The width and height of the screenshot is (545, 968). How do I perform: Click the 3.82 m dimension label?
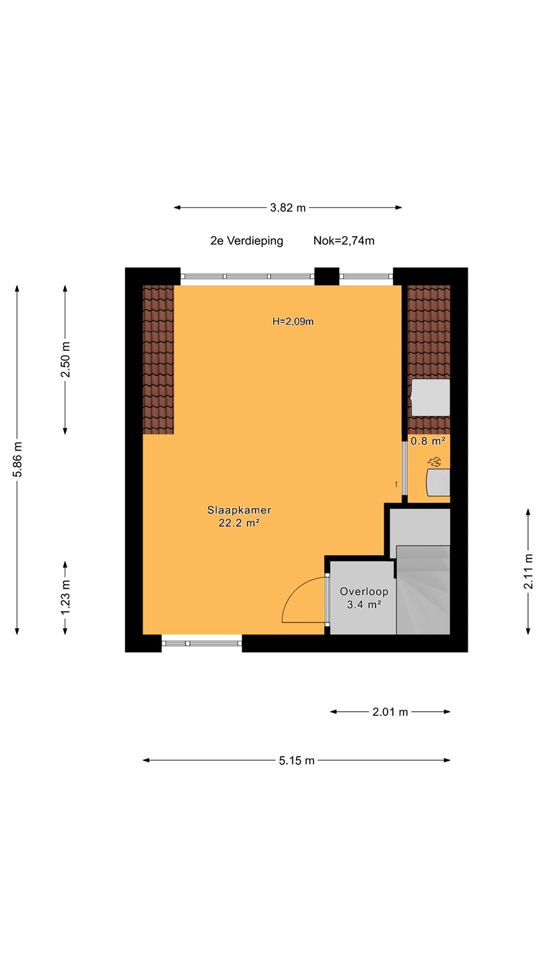tap(288, 208)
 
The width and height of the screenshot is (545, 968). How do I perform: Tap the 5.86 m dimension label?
tap(17, 459)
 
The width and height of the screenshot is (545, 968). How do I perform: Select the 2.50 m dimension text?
tap(65, 360)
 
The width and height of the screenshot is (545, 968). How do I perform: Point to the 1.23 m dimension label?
tap(65, 597)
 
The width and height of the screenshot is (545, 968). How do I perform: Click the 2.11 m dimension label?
tap(528, 571)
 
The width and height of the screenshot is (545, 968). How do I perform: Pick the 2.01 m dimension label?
tap(390, 712)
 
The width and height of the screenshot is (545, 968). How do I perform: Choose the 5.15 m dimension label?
tap(296, 760)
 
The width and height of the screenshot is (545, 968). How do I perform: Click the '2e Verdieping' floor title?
tap(246, 241)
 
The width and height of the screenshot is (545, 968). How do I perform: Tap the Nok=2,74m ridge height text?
tap(344, 241)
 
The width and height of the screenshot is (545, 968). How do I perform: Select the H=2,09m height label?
tap(293, 321)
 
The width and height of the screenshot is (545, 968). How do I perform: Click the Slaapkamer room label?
tap(240, 510)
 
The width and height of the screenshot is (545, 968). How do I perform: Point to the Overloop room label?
tap(364, 592)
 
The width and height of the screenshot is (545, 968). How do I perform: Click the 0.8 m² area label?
tap(428, 441)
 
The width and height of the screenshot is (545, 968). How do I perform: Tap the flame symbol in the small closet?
tap(434, 462)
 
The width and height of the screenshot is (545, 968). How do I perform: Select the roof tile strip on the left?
tap(158, 360)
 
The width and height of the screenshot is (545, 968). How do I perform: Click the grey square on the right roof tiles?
tap(431, 397)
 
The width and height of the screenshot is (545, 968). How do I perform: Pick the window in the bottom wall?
tap(202, 643)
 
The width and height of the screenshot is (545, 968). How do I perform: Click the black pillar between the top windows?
tap(326, 276)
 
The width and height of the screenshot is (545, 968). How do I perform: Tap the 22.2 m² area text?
tap(240, 523)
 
